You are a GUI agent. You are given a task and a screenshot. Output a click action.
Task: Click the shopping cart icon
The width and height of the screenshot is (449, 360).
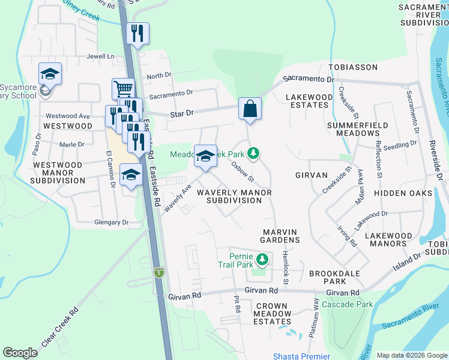pos(122,89)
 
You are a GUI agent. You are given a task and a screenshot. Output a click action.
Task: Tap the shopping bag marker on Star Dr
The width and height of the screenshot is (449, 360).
pos(250,109)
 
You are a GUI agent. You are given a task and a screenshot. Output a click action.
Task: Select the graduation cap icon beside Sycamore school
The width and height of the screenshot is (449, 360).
pos(50,74)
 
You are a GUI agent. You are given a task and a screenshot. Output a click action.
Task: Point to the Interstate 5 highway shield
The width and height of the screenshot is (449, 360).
pos(158,272)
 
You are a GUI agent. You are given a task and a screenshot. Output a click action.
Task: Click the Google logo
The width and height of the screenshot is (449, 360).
pos(20,353)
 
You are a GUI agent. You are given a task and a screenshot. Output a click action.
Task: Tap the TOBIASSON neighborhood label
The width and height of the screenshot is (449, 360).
pos(352,67)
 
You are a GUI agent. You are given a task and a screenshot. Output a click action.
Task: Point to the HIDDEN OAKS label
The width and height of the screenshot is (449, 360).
pos(403,193)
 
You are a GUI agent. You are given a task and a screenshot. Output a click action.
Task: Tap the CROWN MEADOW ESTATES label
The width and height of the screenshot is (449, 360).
pos(273,314)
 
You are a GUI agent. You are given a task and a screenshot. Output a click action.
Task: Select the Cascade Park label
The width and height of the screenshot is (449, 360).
pos(343,304)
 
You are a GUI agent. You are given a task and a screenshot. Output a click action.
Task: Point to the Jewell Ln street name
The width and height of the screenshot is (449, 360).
pos(100,56)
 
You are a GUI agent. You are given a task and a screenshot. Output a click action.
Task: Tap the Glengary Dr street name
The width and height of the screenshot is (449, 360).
pos(112,222)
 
